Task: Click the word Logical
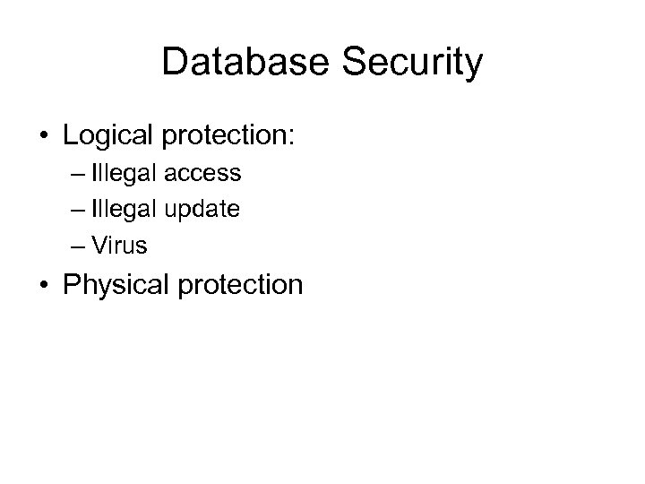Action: click(107, 137)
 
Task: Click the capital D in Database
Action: click(175, 63)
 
